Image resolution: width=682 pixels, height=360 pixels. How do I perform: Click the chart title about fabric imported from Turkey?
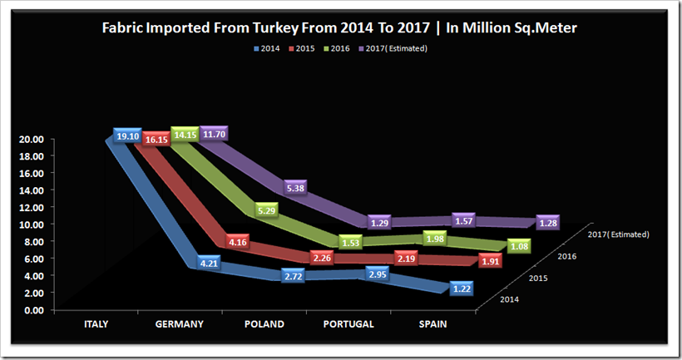pyautogui.click(x=339, y=27)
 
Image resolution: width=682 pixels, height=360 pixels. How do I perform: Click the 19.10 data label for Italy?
pyautogui.click(x=127, y=136)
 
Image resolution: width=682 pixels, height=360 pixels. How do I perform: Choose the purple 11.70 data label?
pyautogui.click(x=212, y=133)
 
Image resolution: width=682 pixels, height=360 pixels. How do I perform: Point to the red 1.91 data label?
pyautogui.click(x=491, y=261)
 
